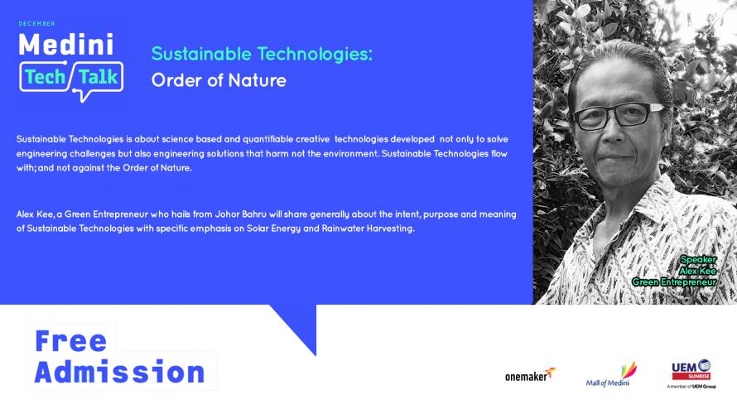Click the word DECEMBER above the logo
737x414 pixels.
click(x=36, y=23)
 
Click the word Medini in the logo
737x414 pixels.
click(x=65, y=45)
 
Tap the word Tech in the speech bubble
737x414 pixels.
click(x=45, y=77)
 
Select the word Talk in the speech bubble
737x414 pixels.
click(x=99, y=77)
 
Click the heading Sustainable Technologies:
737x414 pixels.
click(x=262, y=54)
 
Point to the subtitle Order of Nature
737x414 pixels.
click(x=219, y=80)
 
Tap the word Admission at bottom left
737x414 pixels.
click(x=120, y=372)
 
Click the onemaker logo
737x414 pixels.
click(x=530, y=375)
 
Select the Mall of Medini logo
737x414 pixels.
click(x=611, y=374)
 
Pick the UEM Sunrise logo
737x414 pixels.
click(x=691, y=374)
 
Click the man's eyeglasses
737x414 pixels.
click(x=617, y=116)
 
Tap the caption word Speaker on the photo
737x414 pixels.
click(x=698, y=259)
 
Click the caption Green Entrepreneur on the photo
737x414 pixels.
click(x=674, y=282)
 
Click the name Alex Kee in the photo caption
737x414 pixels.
click(x=697, y=271)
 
